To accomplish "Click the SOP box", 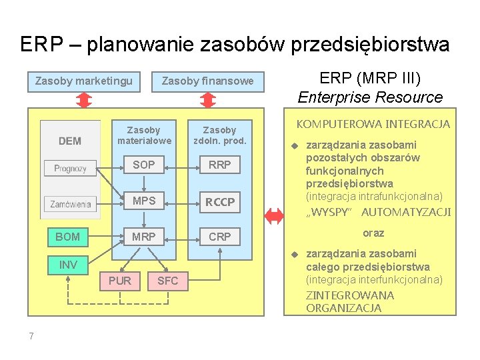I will click(143, 165).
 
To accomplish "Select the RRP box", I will click(220, 165).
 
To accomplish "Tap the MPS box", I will click(143, 201).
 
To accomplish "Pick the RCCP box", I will click(220, 201).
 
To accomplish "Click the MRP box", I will click(143, 237).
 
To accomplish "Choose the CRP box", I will click(220, 237).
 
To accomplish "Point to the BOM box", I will click(67, 237).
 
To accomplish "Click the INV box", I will click(67, 265).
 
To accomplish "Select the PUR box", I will click(119, 281).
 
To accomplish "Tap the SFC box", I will click(167, 281).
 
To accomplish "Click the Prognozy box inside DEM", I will click(70, 168).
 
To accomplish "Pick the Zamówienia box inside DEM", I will click(70, 204).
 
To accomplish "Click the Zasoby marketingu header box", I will click(83, 81).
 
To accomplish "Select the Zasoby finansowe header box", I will click(207, 81).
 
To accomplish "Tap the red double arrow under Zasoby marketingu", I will click(83, 100).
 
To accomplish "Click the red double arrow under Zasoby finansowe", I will click(208, 100).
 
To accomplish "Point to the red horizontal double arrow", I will click(273, 215).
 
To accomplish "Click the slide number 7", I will click(31, 336).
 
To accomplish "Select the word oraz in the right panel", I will click(373, 233).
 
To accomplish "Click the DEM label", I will click(70, 141).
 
